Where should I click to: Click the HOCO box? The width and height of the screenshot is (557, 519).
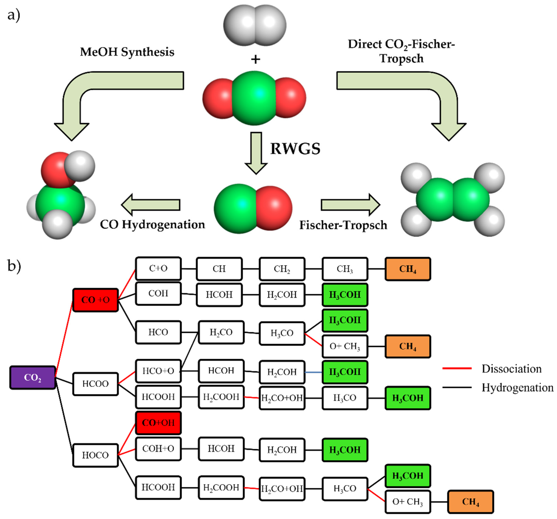coord(95,455)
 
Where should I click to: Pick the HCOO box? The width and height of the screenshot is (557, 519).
coord(95,384)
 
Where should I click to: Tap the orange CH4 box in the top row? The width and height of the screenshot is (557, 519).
coord(408,269)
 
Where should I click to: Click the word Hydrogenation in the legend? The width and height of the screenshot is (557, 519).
coord(517,387)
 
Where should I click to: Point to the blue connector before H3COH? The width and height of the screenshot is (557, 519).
coord(313,372)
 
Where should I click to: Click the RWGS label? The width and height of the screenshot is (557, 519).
coord(295,148)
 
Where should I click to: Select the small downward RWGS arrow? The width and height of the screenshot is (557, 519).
coord(256,153)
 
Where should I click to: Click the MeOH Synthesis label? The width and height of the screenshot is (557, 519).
coord(127,52)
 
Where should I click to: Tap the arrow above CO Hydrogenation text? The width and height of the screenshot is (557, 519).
coord(151,205)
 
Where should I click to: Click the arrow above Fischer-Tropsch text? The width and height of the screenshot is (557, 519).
coord(350,205)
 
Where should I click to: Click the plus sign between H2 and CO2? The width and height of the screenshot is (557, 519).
coord(255,59)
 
